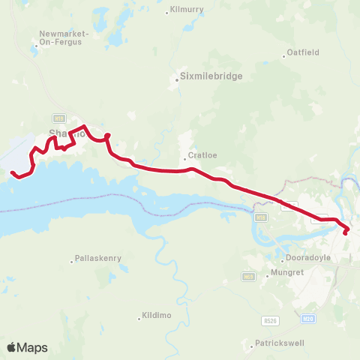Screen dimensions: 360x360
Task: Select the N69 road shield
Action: tap(247, 277)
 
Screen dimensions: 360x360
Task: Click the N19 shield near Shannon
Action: tap(58, 118)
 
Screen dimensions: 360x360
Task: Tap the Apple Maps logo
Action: tap(27, 347)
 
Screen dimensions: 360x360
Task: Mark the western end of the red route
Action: tap(13, 173)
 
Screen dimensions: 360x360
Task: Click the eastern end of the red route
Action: tap(345, 233)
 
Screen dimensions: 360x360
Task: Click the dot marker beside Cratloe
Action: tap(184, 158)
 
